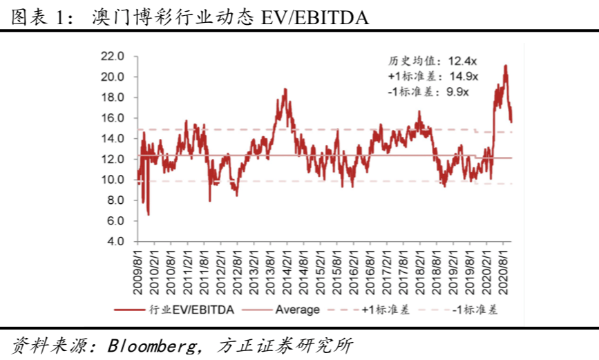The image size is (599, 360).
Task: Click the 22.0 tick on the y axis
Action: [x=113, y=56]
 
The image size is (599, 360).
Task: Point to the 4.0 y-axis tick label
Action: [x=115, y=242]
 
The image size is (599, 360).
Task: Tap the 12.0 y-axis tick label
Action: [x=113, y=159]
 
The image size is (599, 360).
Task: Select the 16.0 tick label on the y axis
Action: [x=113, y=118]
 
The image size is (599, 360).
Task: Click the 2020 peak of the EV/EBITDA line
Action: [x=506, y=66]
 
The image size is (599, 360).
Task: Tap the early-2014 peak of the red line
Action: [x=285, y=89]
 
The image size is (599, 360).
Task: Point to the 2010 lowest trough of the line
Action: [x=148, y=215]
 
